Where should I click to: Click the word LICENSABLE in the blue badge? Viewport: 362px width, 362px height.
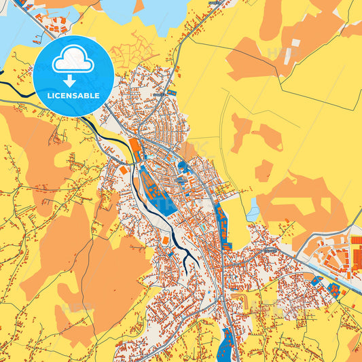73,96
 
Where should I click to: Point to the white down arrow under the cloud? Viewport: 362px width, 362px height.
73,80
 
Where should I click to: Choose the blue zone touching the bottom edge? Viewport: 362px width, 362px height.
225,346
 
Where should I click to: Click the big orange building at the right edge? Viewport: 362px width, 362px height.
356,258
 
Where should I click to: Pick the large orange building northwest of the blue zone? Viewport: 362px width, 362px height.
135,149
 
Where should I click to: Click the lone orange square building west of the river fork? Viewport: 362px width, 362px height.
165,240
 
